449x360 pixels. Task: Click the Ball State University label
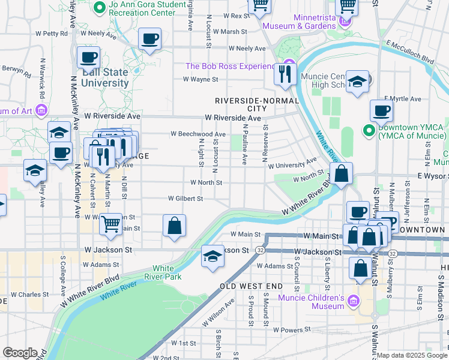click(105, 77)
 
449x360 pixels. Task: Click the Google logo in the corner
click(20, 353)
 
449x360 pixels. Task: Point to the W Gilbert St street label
click(185, 198)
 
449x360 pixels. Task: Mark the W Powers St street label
click(291, 329)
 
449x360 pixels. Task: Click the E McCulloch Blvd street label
click(410, 52)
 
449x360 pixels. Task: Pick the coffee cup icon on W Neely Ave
click(149, 39)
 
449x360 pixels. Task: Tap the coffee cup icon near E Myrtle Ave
click(381, 110)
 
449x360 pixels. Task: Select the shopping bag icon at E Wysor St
click(341, 175)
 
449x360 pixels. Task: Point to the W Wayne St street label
click(200, 79)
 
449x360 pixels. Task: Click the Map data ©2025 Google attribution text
click(412, 355)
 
